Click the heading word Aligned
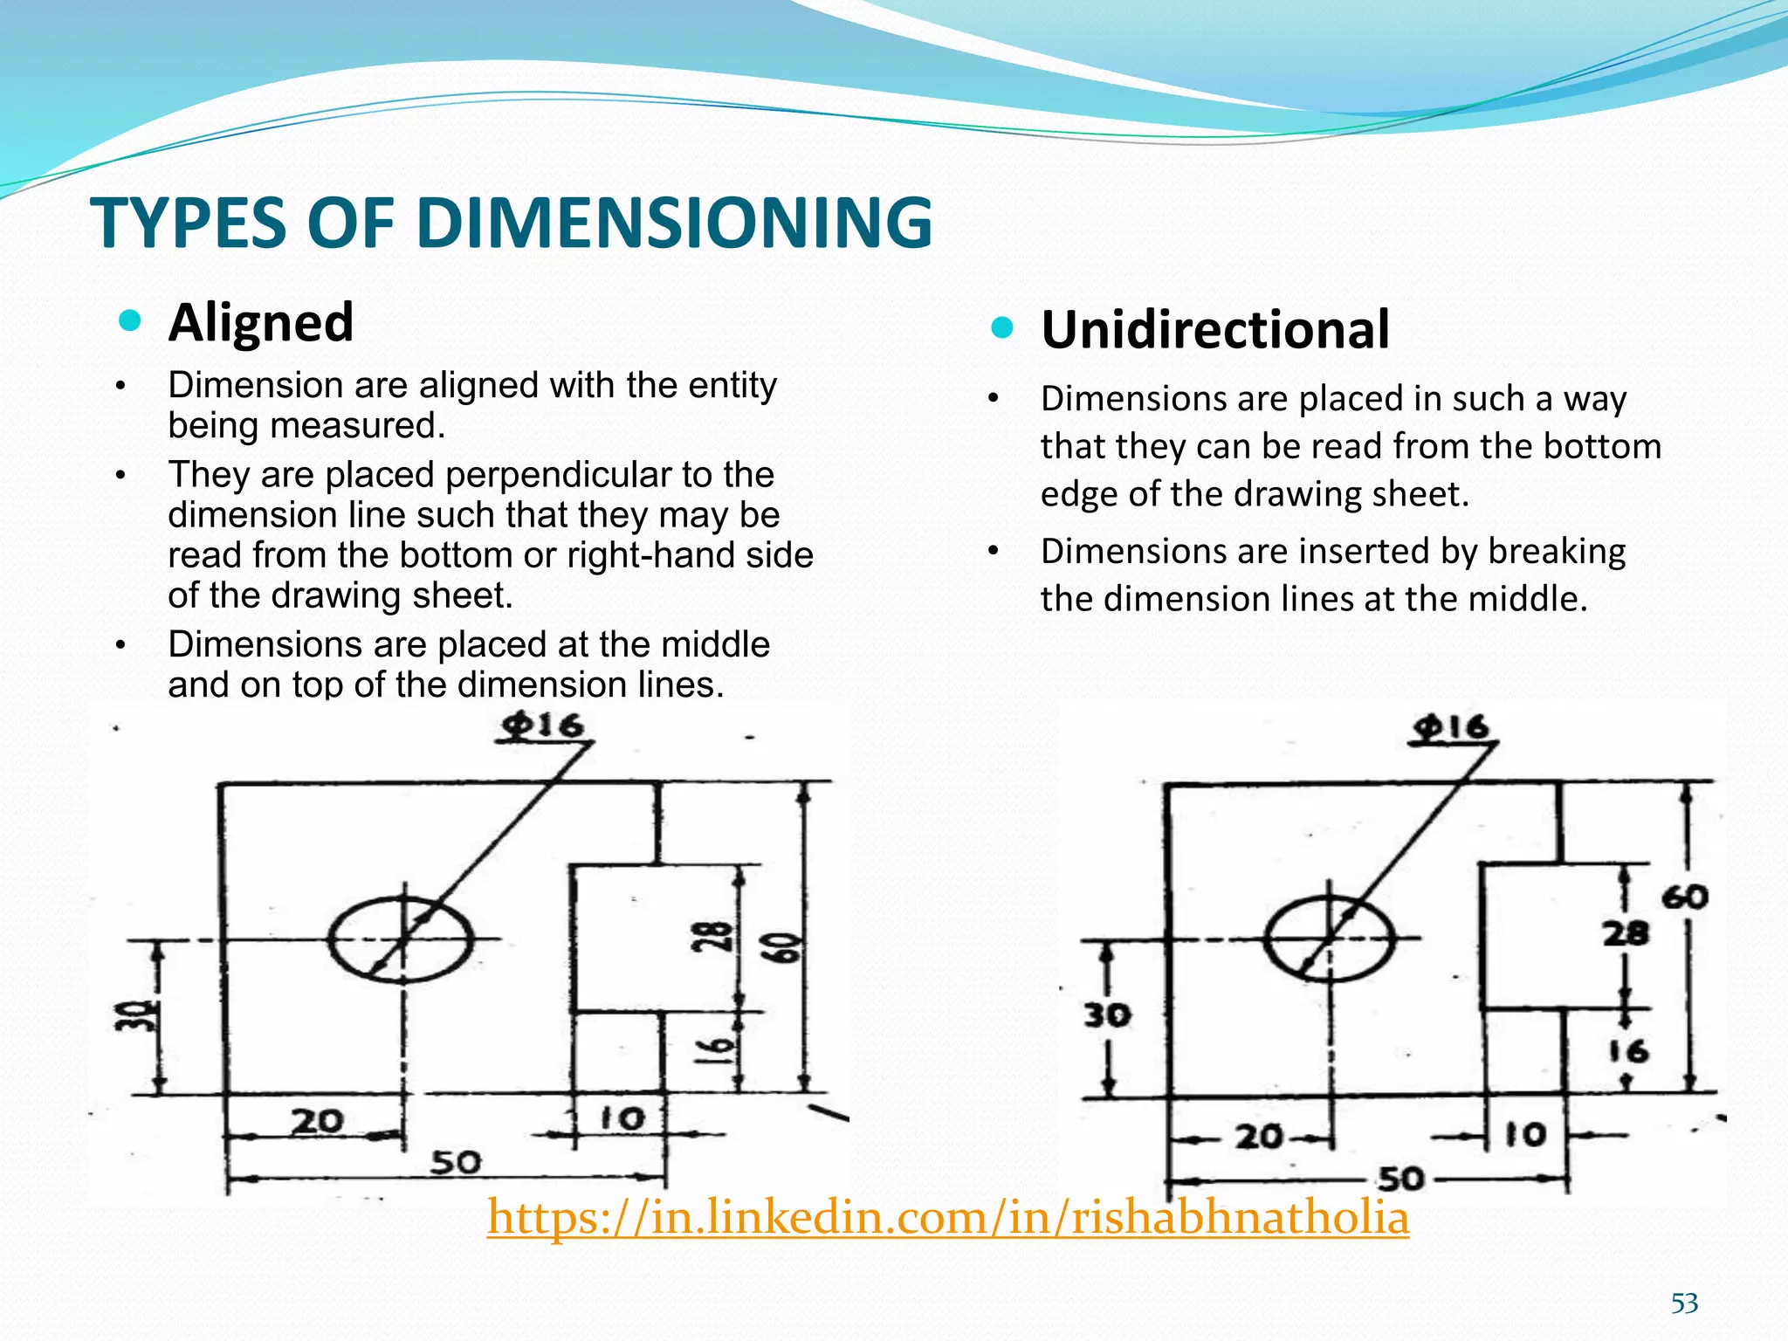tap(261, 322)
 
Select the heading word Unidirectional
tap(1215, 330)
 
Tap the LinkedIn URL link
tap(948, 1217)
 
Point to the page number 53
tap(1684, 1303)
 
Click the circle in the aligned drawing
tap(402, 939)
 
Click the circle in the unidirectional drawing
tap(1330, 939)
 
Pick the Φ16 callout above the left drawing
tap(543, 726)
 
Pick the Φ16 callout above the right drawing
tap(1452, 727)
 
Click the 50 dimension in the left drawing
tap(456, 1162)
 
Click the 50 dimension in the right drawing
tap(1400, 1179)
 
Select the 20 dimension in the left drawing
tap(317, 1121)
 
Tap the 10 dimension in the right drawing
tap(1525, 1134)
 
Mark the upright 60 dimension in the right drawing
tap(1684, 897)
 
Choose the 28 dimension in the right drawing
tap(1626, 933)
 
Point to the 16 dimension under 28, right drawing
tap(1629, 1051)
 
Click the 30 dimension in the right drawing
tap(1107, 1014)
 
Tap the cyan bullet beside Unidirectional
tap(1003, 328)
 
